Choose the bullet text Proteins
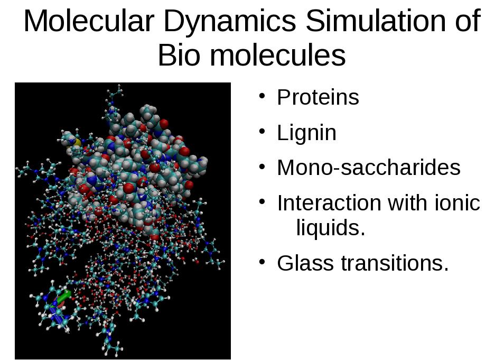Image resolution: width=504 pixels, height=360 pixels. coord(318,97)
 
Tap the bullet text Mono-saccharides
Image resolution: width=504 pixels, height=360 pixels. coord(369,167)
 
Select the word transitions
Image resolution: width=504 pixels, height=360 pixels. coord(395,263)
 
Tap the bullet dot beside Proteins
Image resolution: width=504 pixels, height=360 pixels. coord(262,96)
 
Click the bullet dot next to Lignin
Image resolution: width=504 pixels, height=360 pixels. coord(262,131)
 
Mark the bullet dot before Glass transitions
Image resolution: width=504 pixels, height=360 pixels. coord(262,262)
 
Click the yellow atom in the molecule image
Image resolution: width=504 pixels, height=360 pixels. coord(77,142)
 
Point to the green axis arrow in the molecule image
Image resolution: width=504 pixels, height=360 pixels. coord(62,297)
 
